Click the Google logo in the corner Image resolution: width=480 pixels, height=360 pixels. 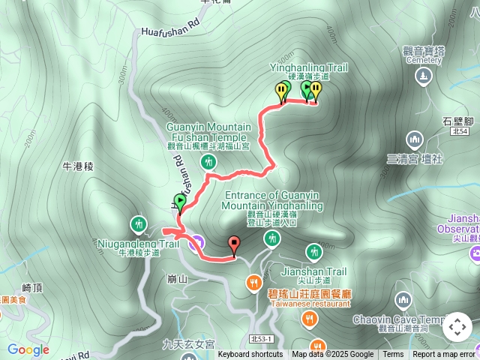[x=28, y=349]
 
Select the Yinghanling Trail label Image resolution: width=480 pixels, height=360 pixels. [x=308, y=67]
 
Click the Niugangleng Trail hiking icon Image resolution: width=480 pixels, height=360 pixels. [x=138, y=223]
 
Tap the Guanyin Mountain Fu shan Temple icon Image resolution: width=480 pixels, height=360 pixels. [x=210, y=162]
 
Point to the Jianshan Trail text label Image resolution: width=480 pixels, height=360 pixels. [x=313, y=271]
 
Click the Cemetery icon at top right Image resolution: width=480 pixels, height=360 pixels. [x=424, y=76]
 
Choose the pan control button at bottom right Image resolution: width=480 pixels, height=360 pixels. [x=457, y=328]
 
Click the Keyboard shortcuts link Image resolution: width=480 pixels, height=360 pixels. [x=250, y=355]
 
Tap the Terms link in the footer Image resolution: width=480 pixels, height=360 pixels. [x=393, y=355]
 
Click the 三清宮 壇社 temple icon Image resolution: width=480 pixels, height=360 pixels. [x=414, y=139]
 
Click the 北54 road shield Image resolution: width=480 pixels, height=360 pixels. [x=460, y=131]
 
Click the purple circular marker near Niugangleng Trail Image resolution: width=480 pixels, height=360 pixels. [x=196, y=241]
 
